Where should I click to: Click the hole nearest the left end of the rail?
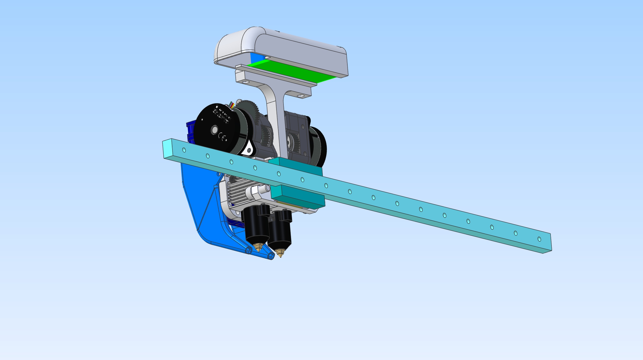pos(184,150)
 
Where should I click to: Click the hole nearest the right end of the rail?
pos(539,239)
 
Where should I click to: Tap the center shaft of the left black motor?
pos(215,130)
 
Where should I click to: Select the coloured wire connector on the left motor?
pos(232,105)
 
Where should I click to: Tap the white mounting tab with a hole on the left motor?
pos(249,150)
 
